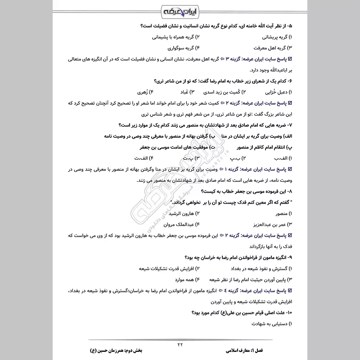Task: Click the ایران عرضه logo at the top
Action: pyautogui.click(x=180, y=10)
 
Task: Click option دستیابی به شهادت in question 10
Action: pyautogui.click(x=268, y=323)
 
